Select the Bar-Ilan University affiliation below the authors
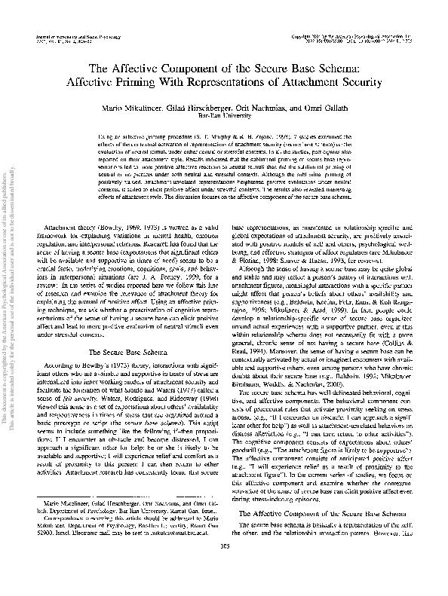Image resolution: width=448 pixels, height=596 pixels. (x=224, y=118)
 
